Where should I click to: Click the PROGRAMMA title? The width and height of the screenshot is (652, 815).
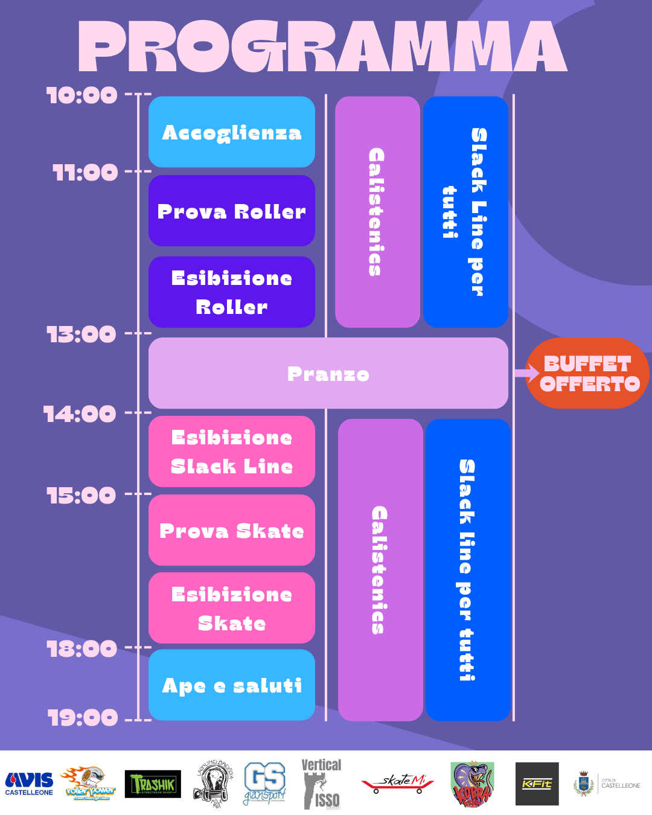coord(323,47)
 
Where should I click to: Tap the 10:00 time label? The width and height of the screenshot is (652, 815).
coord(82,95)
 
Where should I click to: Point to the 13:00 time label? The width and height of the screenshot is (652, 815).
coord(81,334)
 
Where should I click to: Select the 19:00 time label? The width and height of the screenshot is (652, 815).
coord(83,718)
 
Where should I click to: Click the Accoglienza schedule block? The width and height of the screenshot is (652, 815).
coord(232,132)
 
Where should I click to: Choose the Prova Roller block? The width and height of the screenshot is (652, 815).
coord(232,211)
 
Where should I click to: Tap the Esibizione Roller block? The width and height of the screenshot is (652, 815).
coord(232,292)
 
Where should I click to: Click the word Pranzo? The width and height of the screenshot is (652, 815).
coord(328,374)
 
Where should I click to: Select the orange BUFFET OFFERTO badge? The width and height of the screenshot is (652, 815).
coord(588,374)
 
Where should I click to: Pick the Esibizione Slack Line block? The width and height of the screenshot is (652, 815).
coord(232,452)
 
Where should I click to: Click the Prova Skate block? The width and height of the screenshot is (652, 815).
coord(232,531)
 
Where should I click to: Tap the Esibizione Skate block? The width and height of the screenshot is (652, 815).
coord(232,609)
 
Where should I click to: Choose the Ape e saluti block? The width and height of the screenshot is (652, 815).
coord(232,685)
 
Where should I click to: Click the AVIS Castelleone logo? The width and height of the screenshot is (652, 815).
coord(29,784)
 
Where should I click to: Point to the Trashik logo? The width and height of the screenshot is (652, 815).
coord(153,784)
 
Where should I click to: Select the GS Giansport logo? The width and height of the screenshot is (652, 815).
coord(264,784)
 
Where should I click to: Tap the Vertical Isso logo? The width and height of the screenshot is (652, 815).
coord(321,784)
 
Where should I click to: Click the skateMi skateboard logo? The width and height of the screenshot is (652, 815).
coord(398,784)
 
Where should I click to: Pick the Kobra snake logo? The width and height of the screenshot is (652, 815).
coord(472,784)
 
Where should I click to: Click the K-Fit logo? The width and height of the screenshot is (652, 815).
coord(537,784)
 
